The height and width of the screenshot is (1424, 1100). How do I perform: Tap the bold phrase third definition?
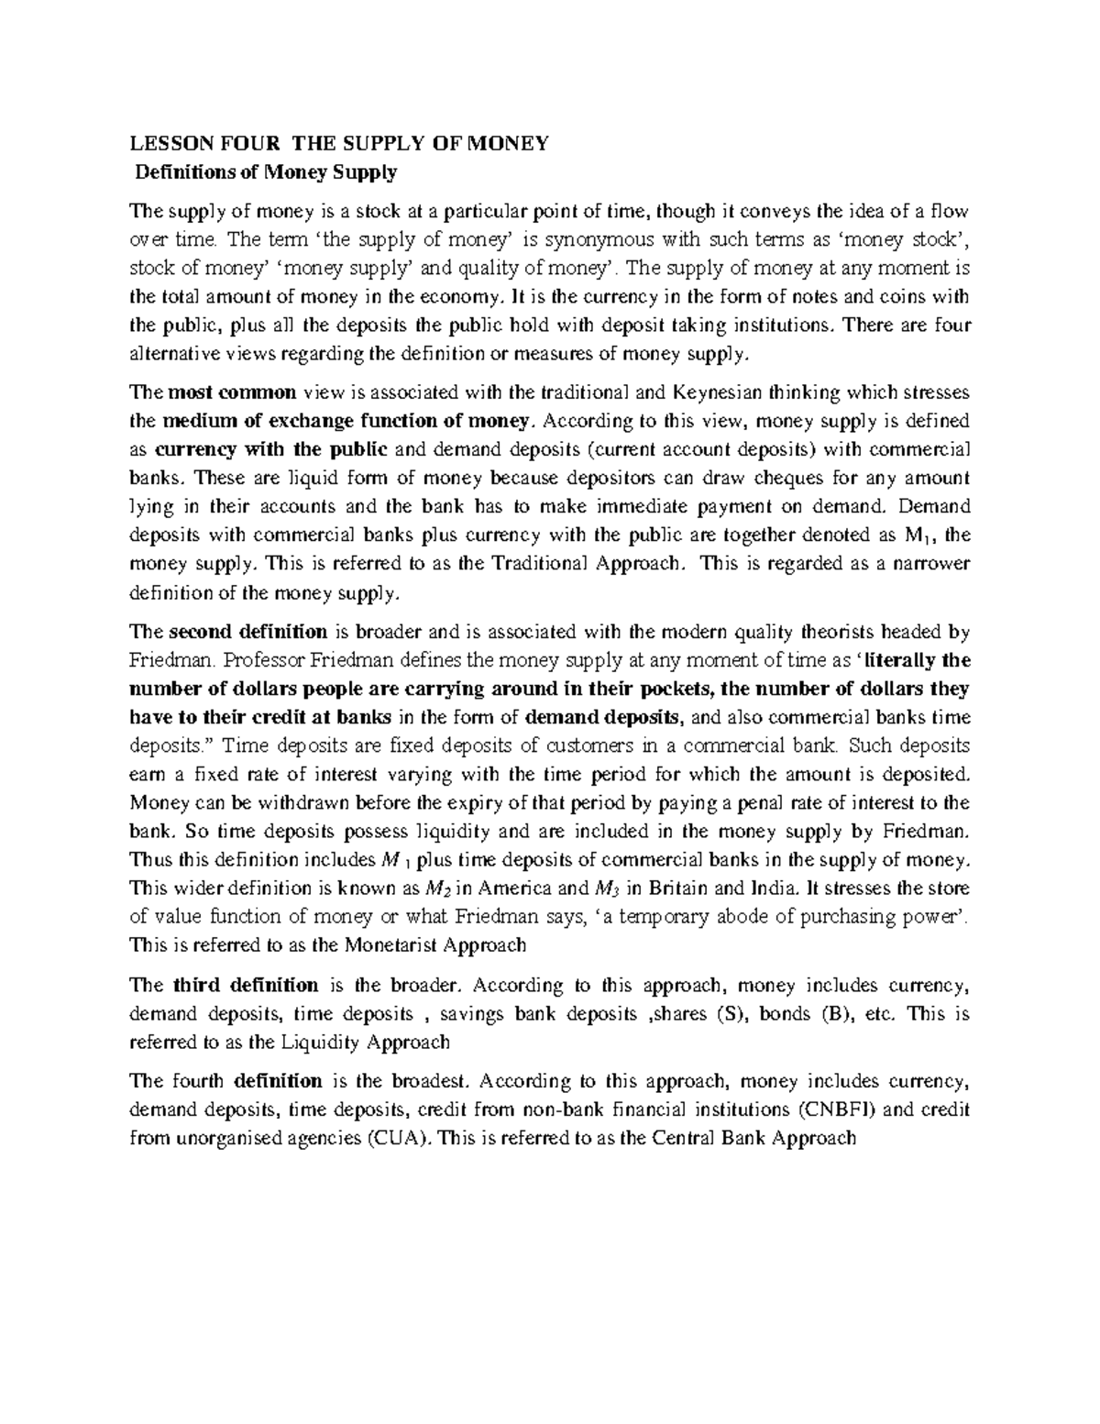(245, 986)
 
